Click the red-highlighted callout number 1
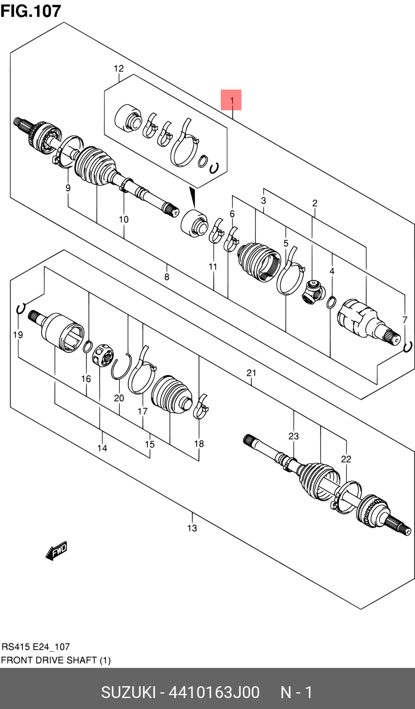click(231, 100)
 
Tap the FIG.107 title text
click(31, 11)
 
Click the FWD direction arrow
click(57, 551)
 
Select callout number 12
click(119, 68)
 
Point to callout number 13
click(192, 528)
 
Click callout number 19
click(18, 335)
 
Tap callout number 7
click(405, 320)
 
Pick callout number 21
click(251, 372)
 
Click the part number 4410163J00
click(214, 692)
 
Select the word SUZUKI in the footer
click(128, 692)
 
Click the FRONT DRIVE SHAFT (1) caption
click(56, 660)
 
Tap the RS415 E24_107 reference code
click(36, 647)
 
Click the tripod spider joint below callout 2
click(313, 291)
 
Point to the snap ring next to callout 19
click(21, 309)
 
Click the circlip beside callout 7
click(408, 346)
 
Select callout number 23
click(294, 436)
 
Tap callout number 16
click(86, 379)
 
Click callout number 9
click(68, 188)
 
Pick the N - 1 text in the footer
click(296, 692)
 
